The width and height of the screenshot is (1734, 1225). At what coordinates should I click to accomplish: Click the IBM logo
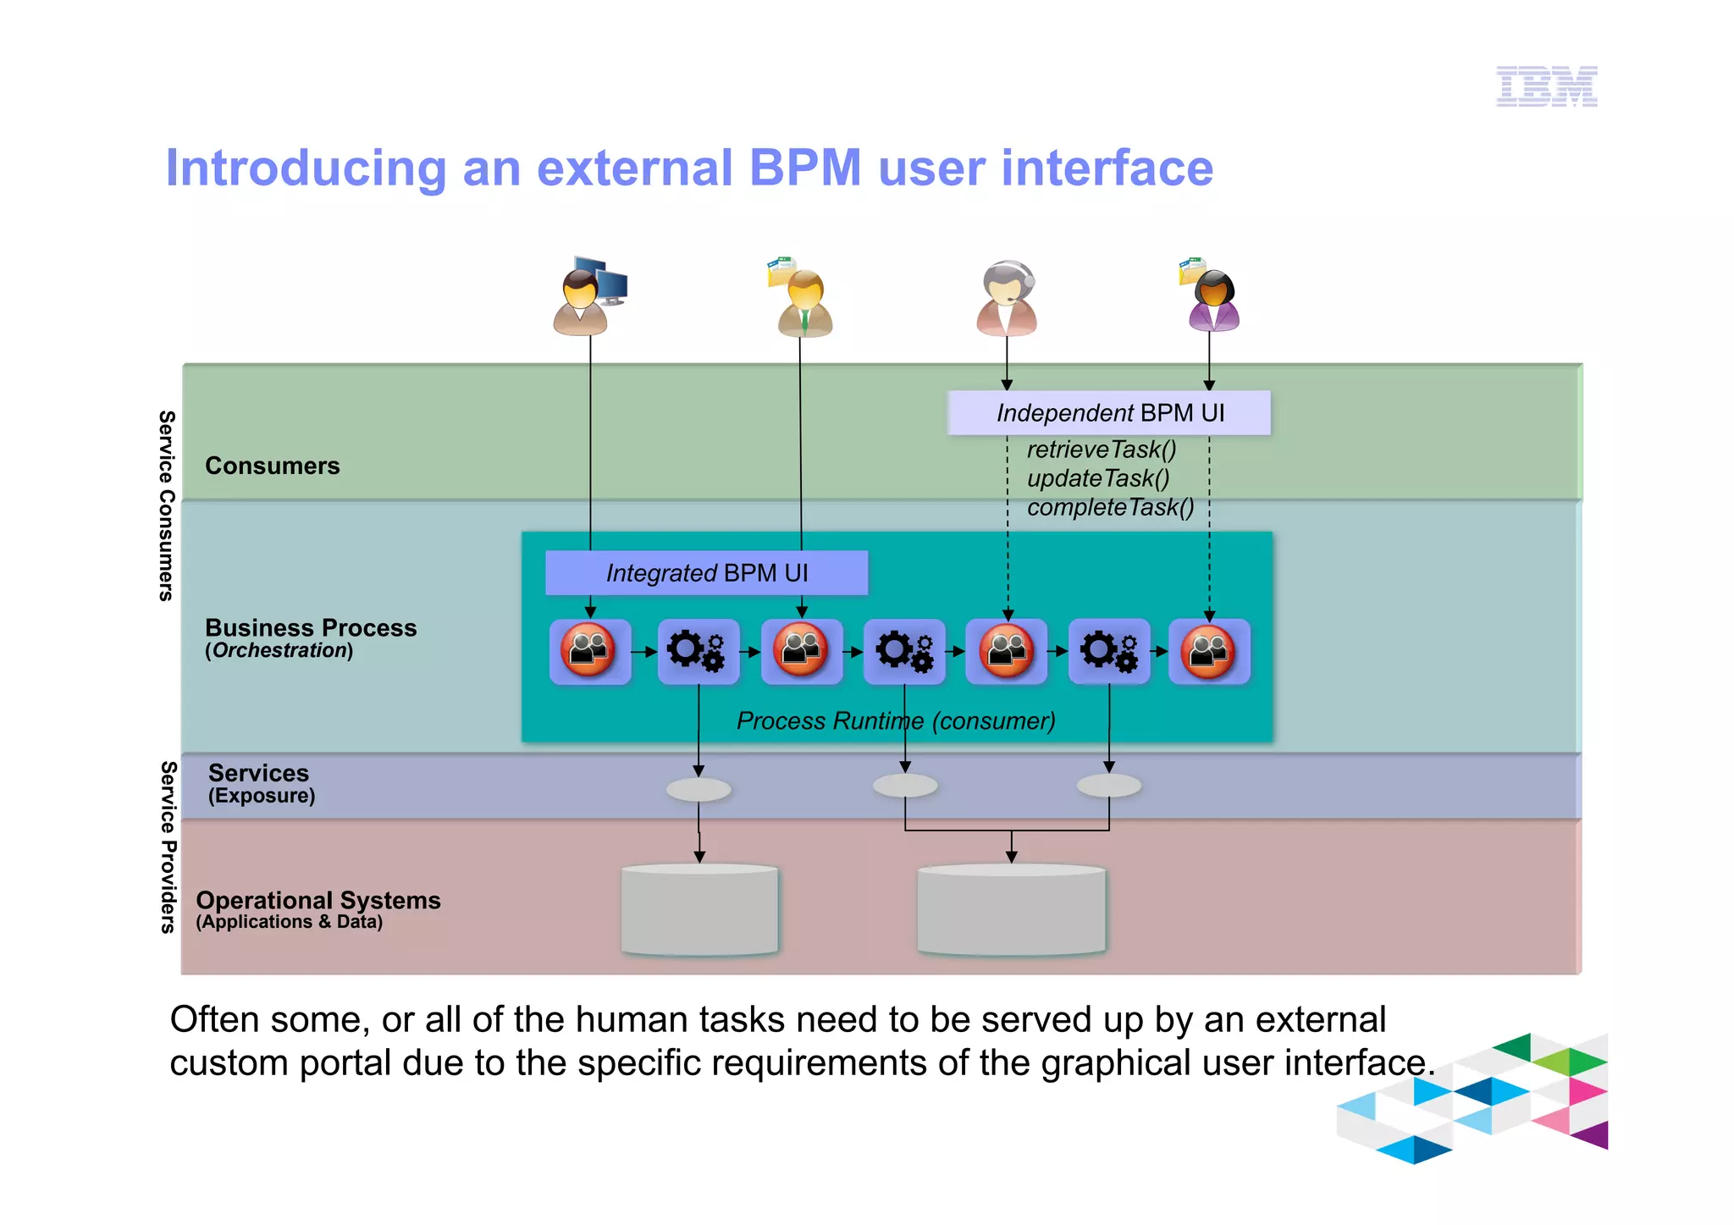point(1546,86)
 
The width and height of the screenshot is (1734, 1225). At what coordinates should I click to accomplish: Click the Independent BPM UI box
point(1108,413)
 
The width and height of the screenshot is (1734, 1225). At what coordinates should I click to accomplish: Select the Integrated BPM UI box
point(706,573)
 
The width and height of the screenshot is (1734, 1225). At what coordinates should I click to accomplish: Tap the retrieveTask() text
point(1101,450)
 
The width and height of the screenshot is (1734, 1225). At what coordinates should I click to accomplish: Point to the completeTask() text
point(1110,507)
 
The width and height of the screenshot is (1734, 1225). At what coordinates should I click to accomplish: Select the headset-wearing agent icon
point(1007,299)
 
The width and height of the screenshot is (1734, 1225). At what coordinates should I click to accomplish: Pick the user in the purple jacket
point(1212,301)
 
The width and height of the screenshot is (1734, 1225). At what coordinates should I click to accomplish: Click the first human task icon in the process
point(589,651)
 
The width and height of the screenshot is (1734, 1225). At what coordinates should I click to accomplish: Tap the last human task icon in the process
point(1208,651)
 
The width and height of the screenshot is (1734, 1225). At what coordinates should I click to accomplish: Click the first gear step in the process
point(698,651)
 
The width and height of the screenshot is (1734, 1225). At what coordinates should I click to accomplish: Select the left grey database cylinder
point(699,910)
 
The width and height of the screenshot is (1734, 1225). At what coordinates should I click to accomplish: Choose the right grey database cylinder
point(1011,910)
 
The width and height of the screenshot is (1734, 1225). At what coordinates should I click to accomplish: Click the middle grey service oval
point(905,786)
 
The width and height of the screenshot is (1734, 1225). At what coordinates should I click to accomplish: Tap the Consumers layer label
point(272,466)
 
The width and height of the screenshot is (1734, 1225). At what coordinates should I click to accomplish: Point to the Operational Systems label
point(318,901)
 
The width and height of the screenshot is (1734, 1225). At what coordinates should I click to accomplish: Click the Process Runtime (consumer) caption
point(896,721)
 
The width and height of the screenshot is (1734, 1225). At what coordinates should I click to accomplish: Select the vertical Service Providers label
point(168,847)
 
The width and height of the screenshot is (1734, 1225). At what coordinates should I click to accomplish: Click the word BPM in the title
point(804,168)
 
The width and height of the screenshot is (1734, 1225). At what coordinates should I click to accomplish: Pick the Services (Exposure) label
point(259,783)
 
